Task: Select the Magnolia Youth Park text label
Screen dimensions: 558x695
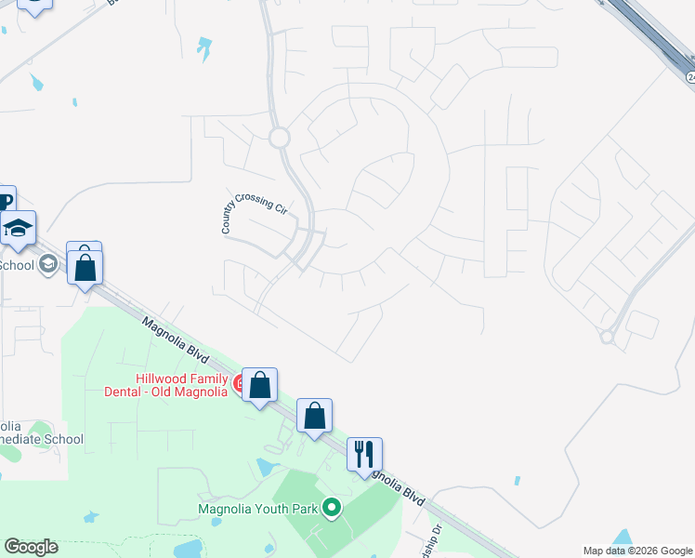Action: coord(256,508)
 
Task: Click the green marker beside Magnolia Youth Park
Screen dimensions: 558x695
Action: coord(330,508)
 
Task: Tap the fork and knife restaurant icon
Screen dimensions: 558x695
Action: coord(364,454)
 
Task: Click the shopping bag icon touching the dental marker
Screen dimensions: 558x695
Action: coord(260,384)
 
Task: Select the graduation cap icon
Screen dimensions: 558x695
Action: coord(18,230)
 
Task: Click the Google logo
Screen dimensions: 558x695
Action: coord(31,547)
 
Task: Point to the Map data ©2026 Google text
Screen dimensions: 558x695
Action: coord(636,551)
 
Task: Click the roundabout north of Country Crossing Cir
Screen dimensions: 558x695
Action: coord(279,139)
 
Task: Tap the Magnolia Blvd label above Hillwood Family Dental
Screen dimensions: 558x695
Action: coord(177,343)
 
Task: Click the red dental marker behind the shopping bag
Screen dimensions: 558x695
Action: coord(240,382)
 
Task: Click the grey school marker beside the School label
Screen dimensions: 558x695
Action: coord(47,265)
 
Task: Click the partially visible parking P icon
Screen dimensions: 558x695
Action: coord(6,200)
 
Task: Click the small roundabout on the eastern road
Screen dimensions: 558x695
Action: coord(607,337)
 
